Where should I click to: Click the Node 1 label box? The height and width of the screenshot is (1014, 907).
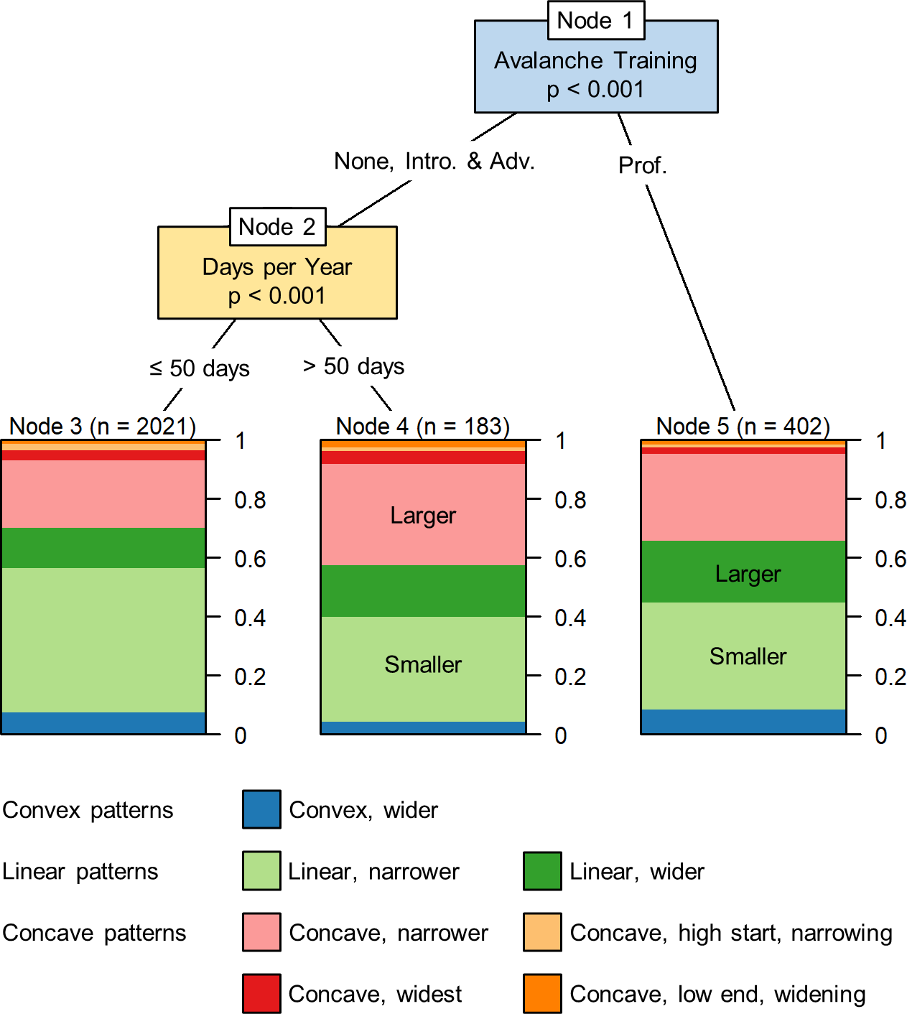pos(595,20)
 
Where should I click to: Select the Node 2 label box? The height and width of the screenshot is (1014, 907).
pos(277,227)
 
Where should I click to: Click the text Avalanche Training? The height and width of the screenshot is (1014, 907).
pos(595,60)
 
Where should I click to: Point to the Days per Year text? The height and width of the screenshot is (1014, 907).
pos(277,267)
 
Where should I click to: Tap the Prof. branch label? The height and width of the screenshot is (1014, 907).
pos(643,166)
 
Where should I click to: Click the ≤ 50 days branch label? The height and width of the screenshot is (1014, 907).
pos(200,368)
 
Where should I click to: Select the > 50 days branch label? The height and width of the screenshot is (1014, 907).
pos(353,366)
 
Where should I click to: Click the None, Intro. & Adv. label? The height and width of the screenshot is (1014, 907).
pos(434,161)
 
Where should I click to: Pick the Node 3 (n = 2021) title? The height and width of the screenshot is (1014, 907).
pos(103,426)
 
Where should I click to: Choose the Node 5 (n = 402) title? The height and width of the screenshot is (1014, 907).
pos(743,426)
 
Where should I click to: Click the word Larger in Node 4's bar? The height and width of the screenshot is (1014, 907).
pos(423,516)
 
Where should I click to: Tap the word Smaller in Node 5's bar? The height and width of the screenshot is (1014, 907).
pos(748,656)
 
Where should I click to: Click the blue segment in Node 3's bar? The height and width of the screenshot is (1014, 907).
pos(103,722)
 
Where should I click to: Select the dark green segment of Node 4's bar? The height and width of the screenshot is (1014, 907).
pos(423,591)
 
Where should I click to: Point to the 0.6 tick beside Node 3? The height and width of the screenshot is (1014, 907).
pos(250,559)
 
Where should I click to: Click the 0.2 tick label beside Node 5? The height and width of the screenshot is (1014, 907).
pos(890,676)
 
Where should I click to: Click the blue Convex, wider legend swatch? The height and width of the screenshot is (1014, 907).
pos(261,809)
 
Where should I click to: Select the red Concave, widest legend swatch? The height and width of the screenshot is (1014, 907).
pos(261,993)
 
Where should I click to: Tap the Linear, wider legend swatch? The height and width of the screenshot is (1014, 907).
pos(542,871)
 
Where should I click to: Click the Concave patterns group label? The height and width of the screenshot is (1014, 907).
pos(94,933)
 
